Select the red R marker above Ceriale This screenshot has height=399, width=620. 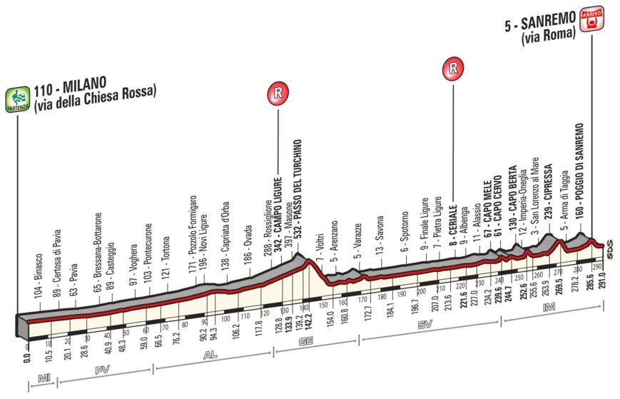click(x=452, y=69)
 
